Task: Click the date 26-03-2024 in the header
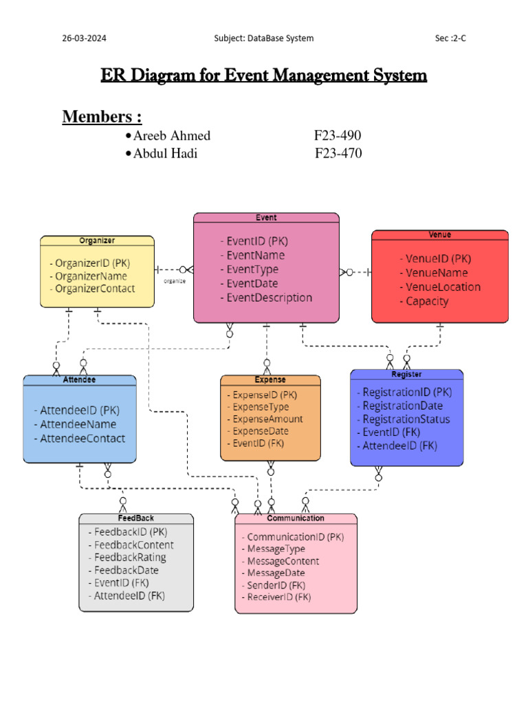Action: pos(85,38)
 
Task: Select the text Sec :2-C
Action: pos(450,38)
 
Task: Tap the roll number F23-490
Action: pos(337,136)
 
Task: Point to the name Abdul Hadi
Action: pos(165,153)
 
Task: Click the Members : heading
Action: pos(102,117)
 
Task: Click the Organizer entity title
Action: pos(97,241)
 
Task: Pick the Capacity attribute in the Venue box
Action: pos(426,301)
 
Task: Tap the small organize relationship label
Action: pos(174,281)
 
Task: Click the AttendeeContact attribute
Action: pos(82,439)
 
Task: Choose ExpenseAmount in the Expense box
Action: pos(267,419)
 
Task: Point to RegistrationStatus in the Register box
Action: pos(406,419)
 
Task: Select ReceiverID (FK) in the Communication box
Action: pos(278,597)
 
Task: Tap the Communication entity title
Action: pos(296,518)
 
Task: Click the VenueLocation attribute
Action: pos(442,287)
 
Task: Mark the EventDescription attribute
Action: pos(269,298)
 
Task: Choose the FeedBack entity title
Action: pos(135,518)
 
